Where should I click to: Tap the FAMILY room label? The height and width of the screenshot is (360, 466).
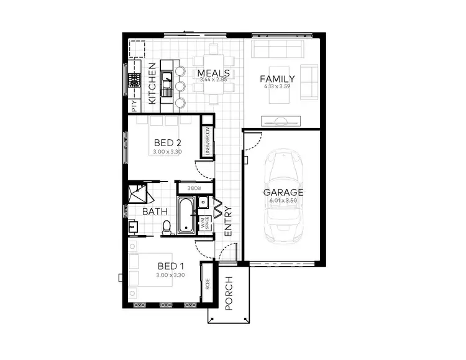[277, 78]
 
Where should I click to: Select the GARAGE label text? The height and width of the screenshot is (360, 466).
[283, 192]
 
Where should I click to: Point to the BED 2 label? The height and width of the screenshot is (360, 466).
[167, 142]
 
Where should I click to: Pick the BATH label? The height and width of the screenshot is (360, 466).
[155, 211]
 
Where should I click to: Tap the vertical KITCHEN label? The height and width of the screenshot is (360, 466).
[152, 83]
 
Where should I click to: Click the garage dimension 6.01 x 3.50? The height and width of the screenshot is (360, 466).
[283, 201]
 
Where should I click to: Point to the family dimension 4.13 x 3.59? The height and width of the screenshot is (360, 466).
[277, 87]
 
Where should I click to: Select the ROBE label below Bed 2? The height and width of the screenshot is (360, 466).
[194, 187]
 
